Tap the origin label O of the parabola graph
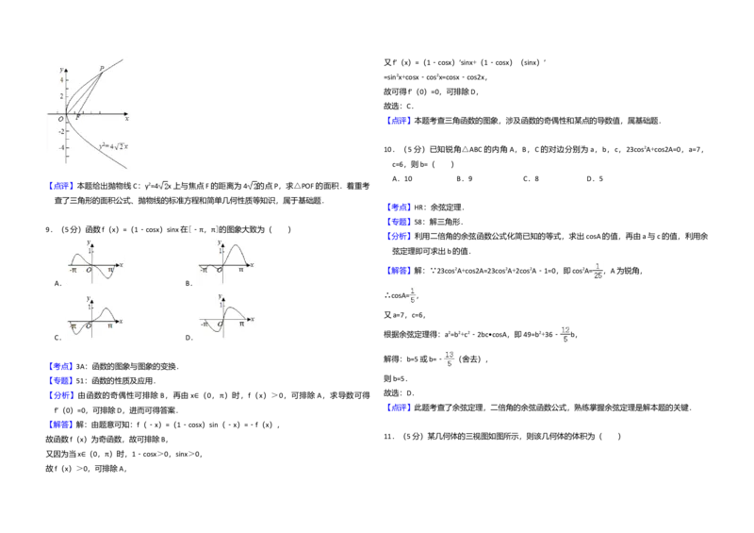(x=60, y=119)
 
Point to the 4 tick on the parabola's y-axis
(x=62, y=79)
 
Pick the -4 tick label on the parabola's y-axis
(x=61, y=148)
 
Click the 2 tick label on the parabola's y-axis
(x=62, y=96)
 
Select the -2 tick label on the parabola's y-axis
(x=61, y=131)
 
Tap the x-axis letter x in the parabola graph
(x=126, y=119)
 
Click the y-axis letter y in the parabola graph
(x=60, y=70)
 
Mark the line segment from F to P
(x=90, y=92)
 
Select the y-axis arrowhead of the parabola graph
(x=66, y=65)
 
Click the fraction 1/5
(x=413, y=295)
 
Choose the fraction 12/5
(x=565, y=334)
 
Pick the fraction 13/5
(x=450, y=358)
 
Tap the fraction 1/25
(x=598, y=270)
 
